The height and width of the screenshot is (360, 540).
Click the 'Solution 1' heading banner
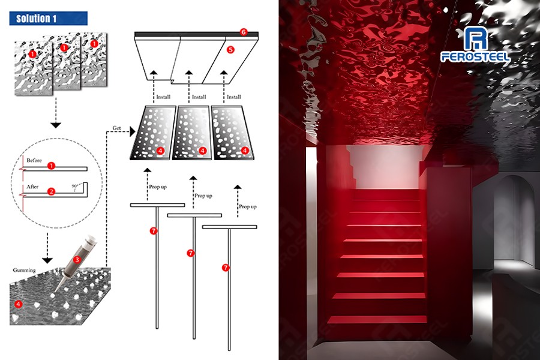click(x=48, y=18)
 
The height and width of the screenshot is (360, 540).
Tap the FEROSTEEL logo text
click(x=475, y=56)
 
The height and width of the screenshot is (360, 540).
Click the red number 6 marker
click(x=244, y=32)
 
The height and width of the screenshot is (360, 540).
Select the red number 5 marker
click(x=230, y=50)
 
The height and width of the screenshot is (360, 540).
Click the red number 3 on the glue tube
click(x=77, y=259)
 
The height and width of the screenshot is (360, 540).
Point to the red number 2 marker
click(x=52, y=191)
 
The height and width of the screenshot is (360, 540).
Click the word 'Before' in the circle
click(x=34, y=160)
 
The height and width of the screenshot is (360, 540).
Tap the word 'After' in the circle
click(x=32, y=187)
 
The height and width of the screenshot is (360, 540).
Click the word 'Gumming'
click(x=24, y=270)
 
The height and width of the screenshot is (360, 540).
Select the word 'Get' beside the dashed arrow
click(x=117, y=128)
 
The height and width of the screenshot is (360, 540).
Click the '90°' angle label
click(x=74, y=186)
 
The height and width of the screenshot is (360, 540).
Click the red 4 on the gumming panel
click(x=18, y=304)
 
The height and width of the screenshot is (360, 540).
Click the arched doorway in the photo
click(x=512, y=220)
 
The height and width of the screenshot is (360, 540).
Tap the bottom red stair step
click(x=377, y=320)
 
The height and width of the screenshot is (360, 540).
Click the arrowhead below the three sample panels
click(x=55, y=125)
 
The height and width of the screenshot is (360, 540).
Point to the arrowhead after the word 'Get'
click(x=133, y=131)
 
